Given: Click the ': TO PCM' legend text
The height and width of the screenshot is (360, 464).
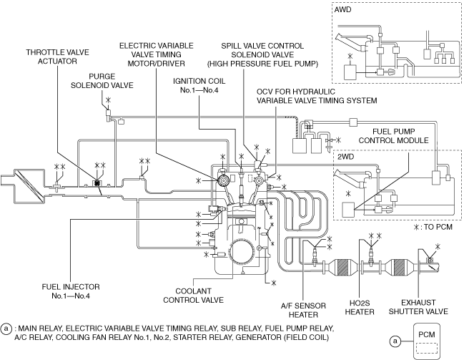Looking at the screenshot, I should click(x=435, y=227).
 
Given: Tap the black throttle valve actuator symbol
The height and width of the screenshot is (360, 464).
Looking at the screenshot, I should click(x=96, y=184).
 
